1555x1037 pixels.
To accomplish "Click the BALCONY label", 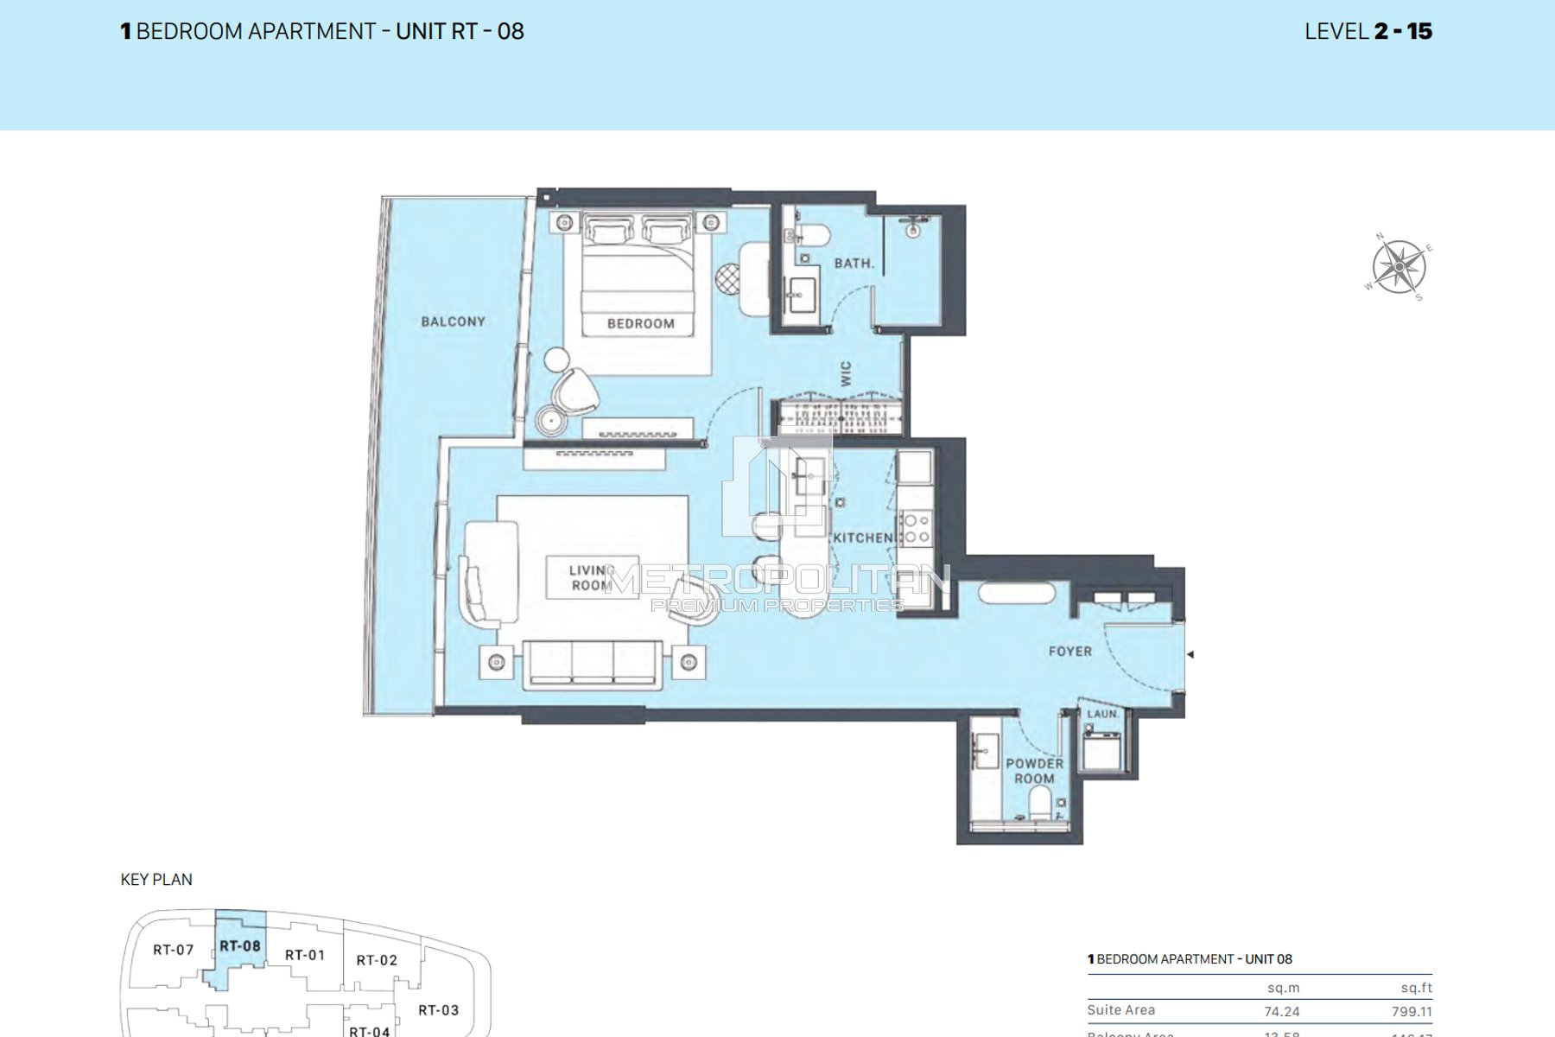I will pos(453,321).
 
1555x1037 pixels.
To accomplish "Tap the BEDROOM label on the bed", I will pos(640,323).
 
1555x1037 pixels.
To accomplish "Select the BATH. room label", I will pos(854,263).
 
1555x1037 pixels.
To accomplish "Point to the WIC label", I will pos(846,373).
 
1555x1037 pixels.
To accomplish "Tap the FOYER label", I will pos(1069,652).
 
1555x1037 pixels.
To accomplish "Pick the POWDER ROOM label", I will pos(1034,771).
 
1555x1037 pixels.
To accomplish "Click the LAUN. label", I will pos(1102,714).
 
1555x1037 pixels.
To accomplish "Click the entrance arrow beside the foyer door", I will pos(1190,655).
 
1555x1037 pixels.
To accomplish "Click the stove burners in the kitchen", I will pos(915,528).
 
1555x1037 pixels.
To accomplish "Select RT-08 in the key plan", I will pos(239,945).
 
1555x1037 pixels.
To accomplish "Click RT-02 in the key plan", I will pos(377,960).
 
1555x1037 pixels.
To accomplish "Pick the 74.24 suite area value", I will pos(1282,1011).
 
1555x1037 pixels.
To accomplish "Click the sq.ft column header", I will pos(1416,988).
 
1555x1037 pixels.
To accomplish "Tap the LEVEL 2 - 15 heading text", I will pos(1368,31).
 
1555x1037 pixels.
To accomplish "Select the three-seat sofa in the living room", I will pos(593,664).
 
